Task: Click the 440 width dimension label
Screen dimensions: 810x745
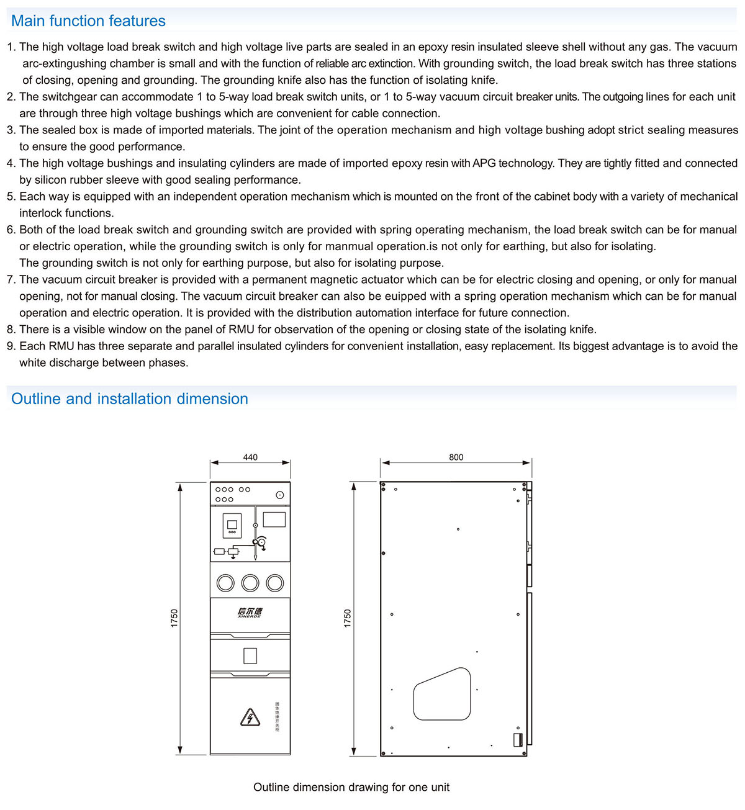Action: pyautogui.click(x=250, y=457)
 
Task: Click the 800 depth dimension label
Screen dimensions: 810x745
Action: pyautogui.click(x=456, y=457)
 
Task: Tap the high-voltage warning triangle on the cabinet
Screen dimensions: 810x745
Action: pyautogui.click(x=250, y=717)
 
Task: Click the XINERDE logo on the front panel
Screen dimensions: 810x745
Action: pyautogui.click(x=250, y=613)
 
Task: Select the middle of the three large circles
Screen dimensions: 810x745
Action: pyautogui.click(x=250, y=582)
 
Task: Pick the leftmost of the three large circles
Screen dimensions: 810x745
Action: pyautogui.click(x=225, y=582)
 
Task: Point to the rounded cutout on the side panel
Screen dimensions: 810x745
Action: pyautogui.click(x=442, y=694)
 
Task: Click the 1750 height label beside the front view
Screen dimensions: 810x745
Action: pyautogui.click(x=174, y=618)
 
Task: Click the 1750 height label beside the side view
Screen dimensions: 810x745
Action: pyautogui.click(x=348, y=618)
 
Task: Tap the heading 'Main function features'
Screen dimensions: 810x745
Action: pyautogui.click(x=88, y=21)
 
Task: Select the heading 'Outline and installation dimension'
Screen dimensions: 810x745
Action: pyautogui.click(x=129, y=399)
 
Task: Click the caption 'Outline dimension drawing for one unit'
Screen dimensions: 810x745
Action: pyautogui.click(x=351, y=787)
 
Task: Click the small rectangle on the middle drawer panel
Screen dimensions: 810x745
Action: pyautogui.click(x=250, y=655)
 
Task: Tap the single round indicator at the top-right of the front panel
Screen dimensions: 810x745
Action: pyautogui.click(x=280, y=495)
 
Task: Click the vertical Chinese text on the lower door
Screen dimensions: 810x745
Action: pyautogui.click(x=277, y=717)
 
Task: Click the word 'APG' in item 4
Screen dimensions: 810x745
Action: pyautogui.click(x=484, y=163)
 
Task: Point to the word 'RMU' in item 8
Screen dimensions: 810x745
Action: pyautogui.click(x=242, y=330)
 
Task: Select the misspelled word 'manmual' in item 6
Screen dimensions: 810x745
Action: pyautogui.click(x=350, y=246)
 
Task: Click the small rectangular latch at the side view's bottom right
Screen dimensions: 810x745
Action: pyautogui.click(x=517, y=739)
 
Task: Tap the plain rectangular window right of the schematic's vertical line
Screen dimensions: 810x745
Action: pyautogui.click(x=274, y=519)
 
